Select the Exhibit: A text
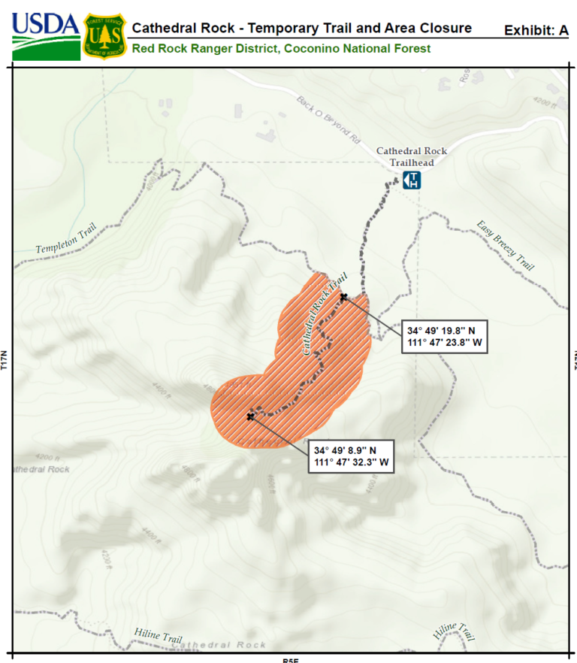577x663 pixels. tap(536, 31)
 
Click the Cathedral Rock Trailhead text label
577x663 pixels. tap(411, 156)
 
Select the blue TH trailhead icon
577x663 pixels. tap(412, 180)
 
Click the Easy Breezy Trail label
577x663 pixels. tap(506, 246)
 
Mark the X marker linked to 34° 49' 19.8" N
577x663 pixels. tap(343, 297)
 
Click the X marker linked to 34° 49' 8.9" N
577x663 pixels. tap(250, 416)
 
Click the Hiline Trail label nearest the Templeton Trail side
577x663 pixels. tap(159, 636)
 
